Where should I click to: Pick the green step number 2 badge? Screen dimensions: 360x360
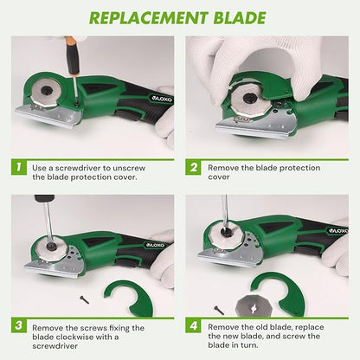[x=195, y=166]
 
